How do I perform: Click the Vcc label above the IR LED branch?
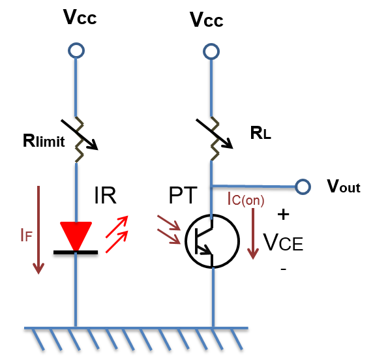tap(80, 17)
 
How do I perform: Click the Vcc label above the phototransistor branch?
tap(207, 20)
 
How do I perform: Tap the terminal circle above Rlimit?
tap(76, 50)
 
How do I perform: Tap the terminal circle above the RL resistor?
tap(211, 52)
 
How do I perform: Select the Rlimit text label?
tap(44, 141)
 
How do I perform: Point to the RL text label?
tap(261, 133)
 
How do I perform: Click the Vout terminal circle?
tap(303, 187)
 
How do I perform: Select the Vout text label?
tap(344, 186)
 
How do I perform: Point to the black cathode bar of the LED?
tap(76, 252)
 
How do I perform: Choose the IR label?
tap(105, 196)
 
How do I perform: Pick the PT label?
tap(183, 196)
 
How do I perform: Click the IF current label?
tap(26, 235)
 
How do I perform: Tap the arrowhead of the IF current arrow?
tap(38, 269)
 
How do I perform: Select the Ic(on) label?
tap(246, 199)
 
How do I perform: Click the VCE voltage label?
tap(283, 243)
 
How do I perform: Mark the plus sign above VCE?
tap(283, 215)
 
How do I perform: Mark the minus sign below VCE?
tap(283, 269)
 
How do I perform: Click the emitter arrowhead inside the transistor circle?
tap(206, 250)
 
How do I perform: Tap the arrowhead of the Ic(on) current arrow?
tap(253, 254)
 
